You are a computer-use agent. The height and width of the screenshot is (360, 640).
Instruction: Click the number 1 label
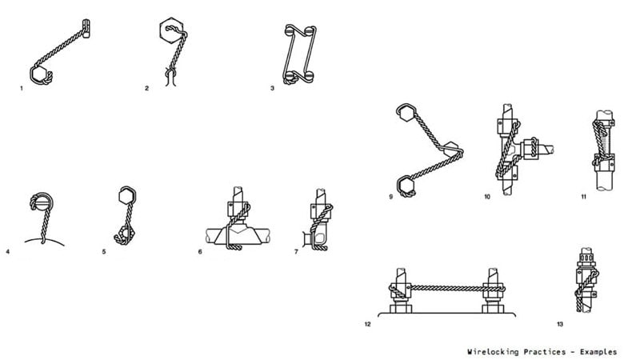pyautogui.click(x=22, y=88)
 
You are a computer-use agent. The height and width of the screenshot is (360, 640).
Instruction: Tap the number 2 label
pyautogui.click(x=146, y=88)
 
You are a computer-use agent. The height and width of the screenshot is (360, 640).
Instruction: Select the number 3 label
pyautogui.click(x=272, y=88)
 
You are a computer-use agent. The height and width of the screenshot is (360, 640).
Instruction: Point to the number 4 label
pyautogui.click(x=7, y=252)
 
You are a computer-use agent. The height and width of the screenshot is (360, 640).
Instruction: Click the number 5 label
pyautogui.click(x=104, y=252)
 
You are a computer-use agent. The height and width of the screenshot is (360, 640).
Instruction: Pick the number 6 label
pyautogui.click(x=200, y=252)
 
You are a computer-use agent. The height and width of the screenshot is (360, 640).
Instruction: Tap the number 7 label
pyautogui.click(x=296, y=252)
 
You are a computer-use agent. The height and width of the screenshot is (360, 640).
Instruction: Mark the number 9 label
pyautogui.click(x=391, y=197)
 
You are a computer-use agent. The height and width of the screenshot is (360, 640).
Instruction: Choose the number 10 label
pyautogui.click(x=487, y=197)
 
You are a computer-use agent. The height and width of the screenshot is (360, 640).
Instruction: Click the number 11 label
pyautogui.click(x=584, y=197)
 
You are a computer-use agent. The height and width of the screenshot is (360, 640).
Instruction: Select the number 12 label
pyautogui.click(x=368, y=325)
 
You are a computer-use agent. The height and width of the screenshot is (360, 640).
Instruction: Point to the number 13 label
pyautogui.click(x=560, y=325)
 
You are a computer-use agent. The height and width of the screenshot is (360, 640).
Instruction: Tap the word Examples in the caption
pyautogui.click(x=598, y=352)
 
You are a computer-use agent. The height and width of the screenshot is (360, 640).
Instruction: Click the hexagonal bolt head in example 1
pyautogui.click(x=39, y=74)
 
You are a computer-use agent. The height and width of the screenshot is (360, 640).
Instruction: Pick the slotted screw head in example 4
pyautogui.click(x=42, y=202)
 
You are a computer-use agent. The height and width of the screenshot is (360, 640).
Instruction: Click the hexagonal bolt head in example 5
pyautogui.click(x=127, y=195)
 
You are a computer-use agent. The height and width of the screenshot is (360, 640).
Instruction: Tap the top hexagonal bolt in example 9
pyautogui.click(x=406, y=113)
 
